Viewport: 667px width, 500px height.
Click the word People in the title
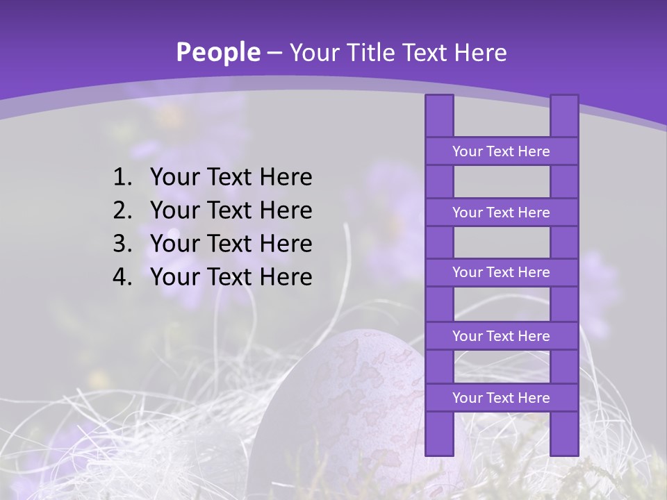217,52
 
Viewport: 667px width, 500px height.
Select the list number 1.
122,178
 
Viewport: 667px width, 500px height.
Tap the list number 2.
122,211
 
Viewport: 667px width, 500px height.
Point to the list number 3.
122,244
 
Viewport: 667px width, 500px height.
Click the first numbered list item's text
231,178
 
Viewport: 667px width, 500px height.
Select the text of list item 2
231,211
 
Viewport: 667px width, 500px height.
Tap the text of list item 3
231,244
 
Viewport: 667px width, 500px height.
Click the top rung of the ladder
501,151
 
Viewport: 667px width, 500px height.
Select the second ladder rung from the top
501,212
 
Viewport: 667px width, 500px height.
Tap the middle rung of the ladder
501,273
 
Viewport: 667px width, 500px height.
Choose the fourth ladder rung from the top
501,336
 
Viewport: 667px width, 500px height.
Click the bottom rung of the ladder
501,398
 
